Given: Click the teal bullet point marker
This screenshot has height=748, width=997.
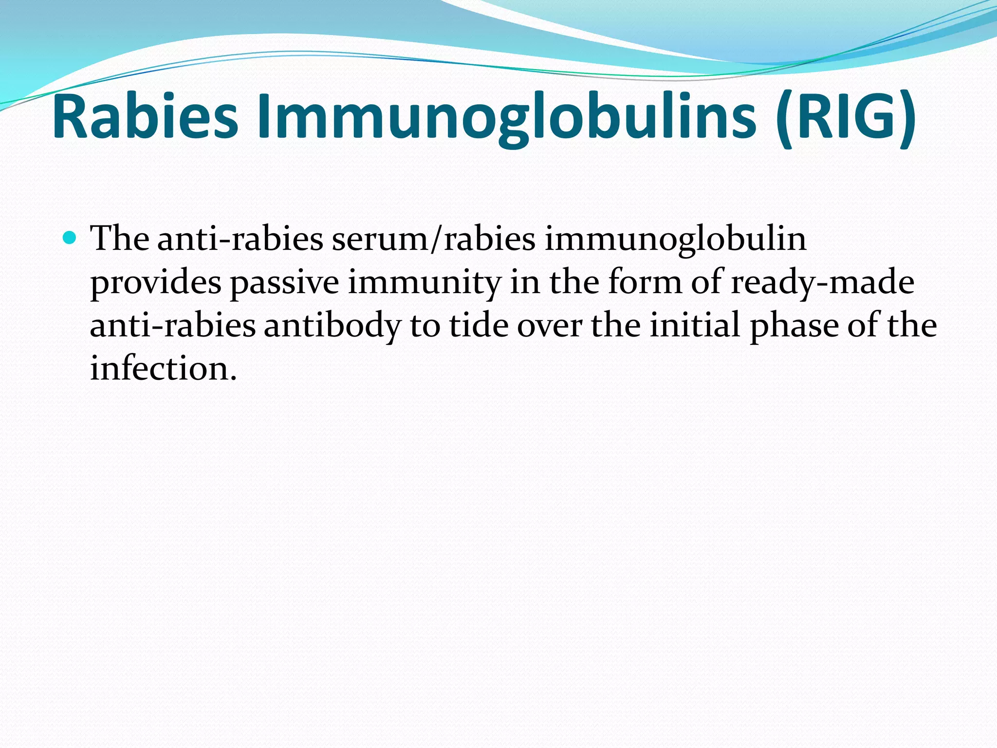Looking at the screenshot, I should (70, 238).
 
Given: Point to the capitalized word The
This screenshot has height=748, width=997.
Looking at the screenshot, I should (120, 239).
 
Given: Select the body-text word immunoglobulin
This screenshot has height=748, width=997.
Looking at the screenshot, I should (675, 240).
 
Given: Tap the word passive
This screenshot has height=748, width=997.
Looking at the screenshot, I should (284, 282).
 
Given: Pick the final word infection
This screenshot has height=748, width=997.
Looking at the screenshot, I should (163, 368).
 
